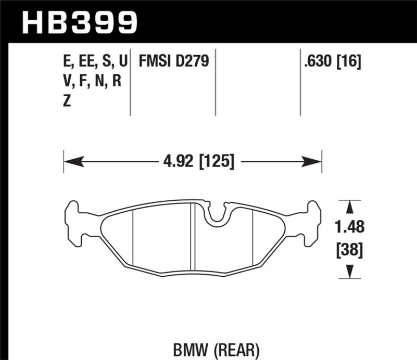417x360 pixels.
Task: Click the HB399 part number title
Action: point(79,23)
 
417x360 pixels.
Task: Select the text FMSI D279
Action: point(174,61)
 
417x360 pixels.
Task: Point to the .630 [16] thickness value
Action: point(333,61)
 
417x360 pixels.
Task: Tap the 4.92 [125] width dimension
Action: point(199,161)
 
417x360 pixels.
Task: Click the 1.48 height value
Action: point(349,227)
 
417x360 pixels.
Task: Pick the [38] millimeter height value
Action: point(349,250)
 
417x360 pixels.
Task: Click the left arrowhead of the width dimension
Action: point(74,161)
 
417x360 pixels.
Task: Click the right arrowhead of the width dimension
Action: point(311,161)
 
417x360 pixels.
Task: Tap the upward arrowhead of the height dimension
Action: point(350,207)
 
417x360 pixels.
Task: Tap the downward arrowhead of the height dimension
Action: point(350,272)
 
